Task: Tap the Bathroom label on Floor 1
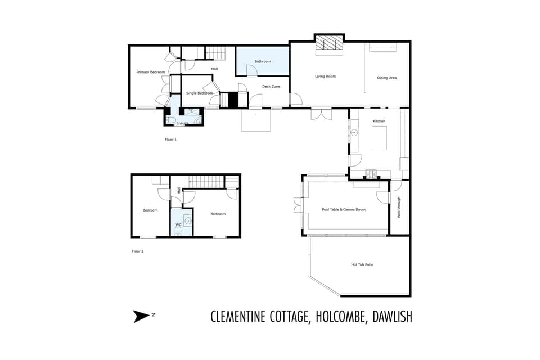point(263,61)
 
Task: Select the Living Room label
point(325,76)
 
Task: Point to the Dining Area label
point(387,78)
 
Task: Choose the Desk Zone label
point(271,87)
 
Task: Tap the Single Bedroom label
point(199,93)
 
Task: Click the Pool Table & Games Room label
point(344,209)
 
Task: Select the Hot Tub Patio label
point(362,264)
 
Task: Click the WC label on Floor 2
point(178,225)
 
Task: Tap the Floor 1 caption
point(170,139)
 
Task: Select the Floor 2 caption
point(137,251)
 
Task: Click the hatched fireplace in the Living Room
point(328,44)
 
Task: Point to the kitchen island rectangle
point(380,138)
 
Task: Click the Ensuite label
point(182,123)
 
